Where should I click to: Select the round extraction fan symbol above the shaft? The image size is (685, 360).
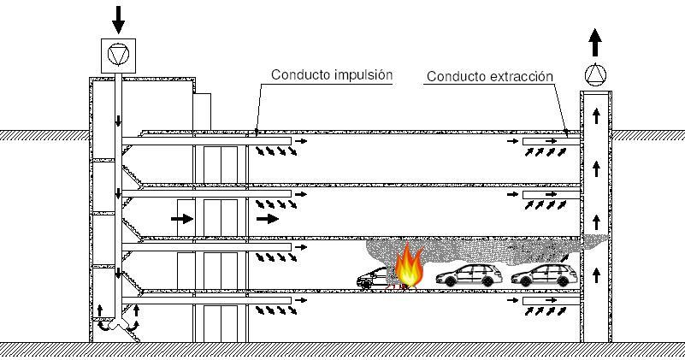point(594,75)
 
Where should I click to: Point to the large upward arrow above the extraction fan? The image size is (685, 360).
point(595,41)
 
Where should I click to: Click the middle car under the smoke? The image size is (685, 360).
point(469,274)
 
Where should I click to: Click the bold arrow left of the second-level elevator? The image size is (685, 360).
point(181,219)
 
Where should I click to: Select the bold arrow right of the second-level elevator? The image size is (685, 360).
point(268,219)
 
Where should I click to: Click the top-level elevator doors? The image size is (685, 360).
point(219,163)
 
